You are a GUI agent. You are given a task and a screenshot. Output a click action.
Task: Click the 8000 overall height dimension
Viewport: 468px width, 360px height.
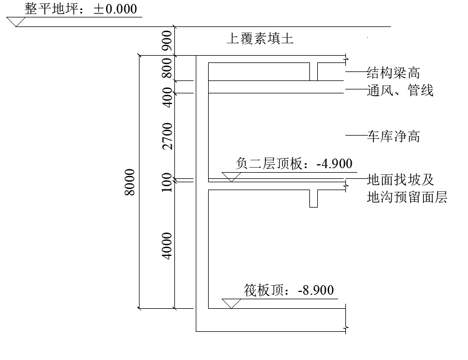click(129, 182)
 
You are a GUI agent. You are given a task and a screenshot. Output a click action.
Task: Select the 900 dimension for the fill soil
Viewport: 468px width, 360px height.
click(166, 40)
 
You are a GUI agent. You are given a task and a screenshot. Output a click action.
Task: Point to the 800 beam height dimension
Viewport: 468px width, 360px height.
click(166, 69)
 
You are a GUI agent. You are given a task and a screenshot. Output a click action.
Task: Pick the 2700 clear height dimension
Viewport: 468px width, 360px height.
click(166, 137)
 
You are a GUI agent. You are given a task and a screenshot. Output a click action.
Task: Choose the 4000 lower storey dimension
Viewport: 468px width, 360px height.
click(166, 245)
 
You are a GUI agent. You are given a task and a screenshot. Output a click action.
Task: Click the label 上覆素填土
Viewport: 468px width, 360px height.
click(260, 39)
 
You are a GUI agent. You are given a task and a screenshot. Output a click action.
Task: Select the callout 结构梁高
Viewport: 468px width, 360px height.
click(393, 73)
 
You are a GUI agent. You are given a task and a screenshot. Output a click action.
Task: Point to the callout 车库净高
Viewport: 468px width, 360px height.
click(393, 136)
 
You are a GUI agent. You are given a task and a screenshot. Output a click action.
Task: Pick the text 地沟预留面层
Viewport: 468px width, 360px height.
click(407, 197)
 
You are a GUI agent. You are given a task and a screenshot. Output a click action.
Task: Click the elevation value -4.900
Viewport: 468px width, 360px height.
click(334, 164)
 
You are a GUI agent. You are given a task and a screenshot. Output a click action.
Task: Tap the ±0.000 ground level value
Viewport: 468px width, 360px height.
click(115, 10)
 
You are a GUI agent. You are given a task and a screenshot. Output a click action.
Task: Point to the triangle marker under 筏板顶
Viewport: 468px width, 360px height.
click(231, 303)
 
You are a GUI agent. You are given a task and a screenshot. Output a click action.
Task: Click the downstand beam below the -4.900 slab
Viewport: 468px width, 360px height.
click(314, 199)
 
